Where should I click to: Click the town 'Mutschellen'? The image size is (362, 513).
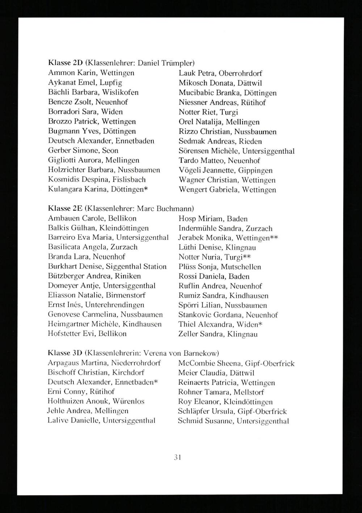pyautogui.click(x=241, y=267)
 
